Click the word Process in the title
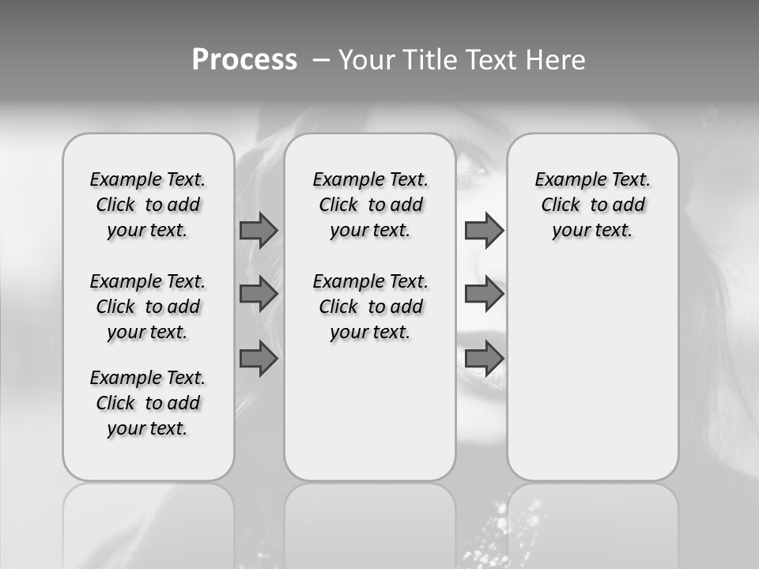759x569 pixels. [x=244, y=60]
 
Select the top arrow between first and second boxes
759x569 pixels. [x=259, y=231]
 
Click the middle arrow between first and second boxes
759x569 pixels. [x=259, y=295]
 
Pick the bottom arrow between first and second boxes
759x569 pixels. [x=259, y=359]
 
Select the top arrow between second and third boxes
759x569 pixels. [x=484, y=231]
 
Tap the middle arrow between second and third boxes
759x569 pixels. [x=484, y=295]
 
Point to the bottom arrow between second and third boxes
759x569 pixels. [x=484, y=359]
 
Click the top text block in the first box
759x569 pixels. [x=148, y=205]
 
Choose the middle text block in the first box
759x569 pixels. [x=148, y=307]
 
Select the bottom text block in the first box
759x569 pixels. [x=148, y=403]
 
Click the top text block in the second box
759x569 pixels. [x=371, y=205]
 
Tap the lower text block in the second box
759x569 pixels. [x=371, y=307]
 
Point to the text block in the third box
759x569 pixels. [x=593, y=205]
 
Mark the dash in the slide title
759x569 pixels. [x=322, y=60]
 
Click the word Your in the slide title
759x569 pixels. [x=367, y=60]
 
